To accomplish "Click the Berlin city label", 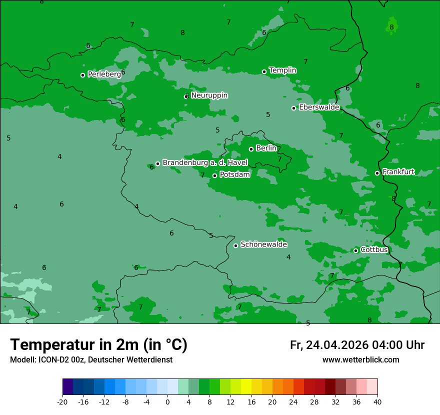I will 266,148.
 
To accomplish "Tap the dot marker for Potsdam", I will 214,175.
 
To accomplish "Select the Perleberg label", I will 104,74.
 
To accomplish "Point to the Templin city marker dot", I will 264,71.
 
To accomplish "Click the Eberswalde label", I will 319,107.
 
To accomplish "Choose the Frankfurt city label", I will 398,171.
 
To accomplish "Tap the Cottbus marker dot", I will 355,250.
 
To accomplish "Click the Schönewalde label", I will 263,244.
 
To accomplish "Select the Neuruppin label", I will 209,95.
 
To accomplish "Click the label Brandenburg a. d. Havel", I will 205,162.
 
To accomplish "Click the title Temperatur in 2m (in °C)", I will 98,344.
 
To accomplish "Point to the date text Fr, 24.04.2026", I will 329,345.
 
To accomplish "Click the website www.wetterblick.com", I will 360,360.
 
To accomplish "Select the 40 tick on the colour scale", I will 377,401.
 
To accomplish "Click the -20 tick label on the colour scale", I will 62,401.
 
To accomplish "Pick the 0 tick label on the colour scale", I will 167,401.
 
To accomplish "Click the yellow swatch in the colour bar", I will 246,387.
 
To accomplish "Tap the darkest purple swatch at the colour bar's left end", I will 67,387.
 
